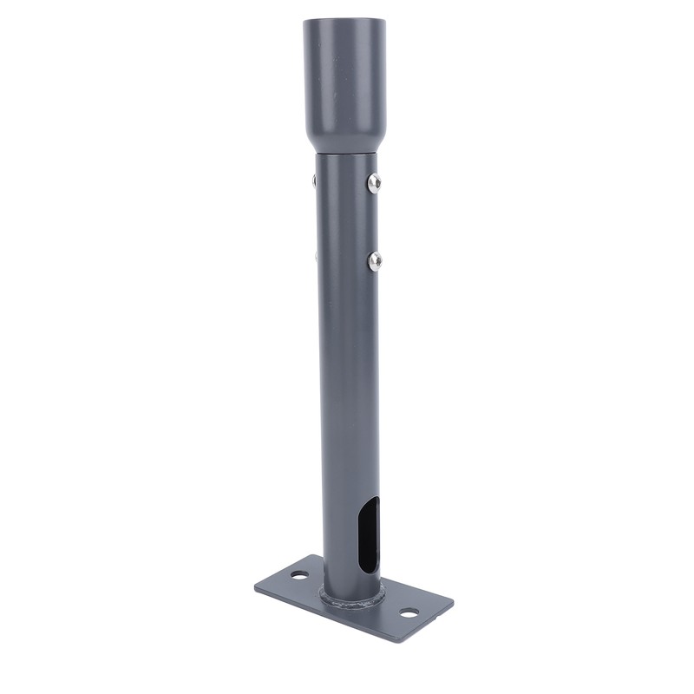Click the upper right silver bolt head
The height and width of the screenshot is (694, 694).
click(x=374, y=182)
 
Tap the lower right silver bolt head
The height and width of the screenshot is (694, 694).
click(x=375, y=259)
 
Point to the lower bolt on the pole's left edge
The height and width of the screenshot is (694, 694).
click(x=316, y=256)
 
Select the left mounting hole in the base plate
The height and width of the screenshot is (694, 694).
click(x=298, y=574)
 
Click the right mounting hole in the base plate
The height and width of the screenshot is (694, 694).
click(x=409, y=612)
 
